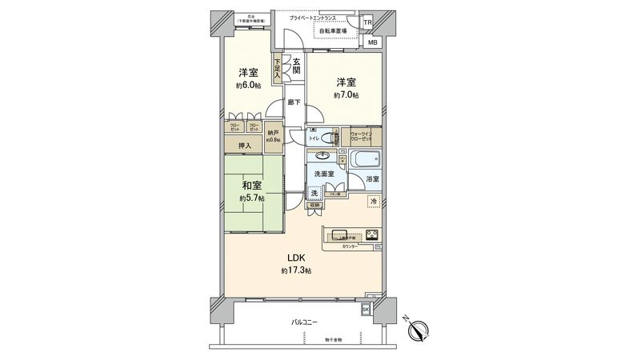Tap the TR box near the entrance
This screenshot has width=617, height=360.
(367, 22)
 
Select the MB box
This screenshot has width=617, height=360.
(373, 42)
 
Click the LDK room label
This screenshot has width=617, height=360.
(295, 258)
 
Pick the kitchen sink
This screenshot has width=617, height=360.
(339, 235)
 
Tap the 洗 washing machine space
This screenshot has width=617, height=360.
(315, 194)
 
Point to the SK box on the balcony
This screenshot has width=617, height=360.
(367, 308)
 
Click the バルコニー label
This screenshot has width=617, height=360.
(304, 322)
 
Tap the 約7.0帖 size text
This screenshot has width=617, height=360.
(347, 95)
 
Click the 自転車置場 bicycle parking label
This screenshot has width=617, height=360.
(332, 30)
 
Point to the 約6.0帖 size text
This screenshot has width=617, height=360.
(248, 85)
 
